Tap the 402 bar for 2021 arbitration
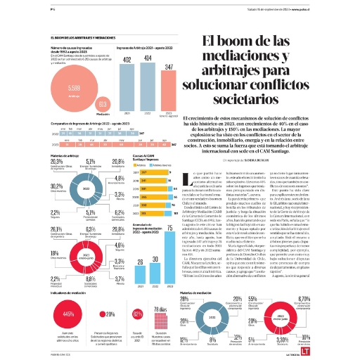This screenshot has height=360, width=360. coord(129,86)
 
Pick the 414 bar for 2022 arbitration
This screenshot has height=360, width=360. coord(148,86)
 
